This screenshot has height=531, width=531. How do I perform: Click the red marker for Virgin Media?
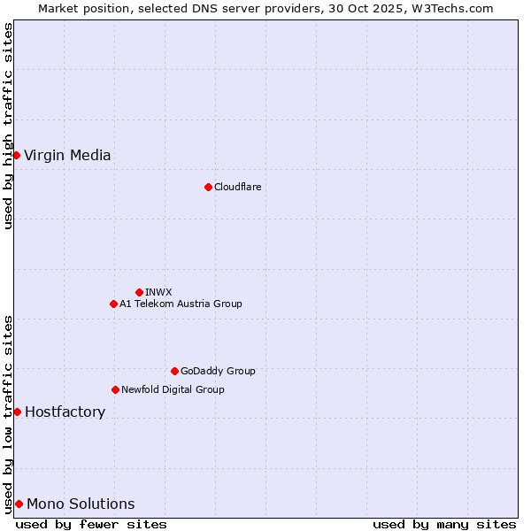tap(16, 155)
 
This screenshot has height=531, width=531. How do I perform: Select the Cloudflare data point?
tap(208, 187)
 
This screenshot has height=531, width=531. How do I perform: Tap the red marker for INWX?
tap(139, 292)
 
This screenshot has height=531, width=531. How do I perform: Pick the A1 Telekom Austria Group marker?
tap(113, 304)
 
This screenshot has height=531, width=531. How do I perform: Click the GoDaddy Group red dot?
tap(174, 371)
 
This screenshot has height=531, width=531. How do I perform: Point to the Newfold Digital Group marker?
tap(115, 389)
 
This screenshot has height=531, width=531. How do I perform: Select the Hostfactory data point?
tap(17, 412)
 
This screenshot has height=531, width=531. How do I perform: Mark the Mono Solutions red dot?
tap(19, 504)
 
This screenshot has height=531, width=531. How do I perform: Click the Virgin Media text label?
tap(67, 156)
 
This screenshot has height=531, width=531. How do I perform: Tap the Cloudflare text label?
tap(237, 187)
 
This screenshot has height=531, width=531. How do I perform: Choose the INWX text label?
tap(158, 292)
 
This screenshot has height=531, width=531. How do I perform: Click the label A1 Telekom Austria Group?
tap(181, 304)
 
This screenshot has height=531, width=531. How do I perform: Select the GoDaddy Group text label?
tap(218, 371)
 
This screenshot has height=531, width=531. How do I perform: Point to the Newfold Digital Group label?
tap(173, 389)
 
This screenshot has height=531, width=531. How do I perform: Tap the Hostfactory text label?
tap(65, 412)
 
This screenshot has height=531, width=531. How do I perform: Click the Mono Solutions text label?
tap(81, 504)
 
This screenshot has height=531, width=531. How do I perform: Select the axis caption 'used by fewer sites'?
tap(91, 524)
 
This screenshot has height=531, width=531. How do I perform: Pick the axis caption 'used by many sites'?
tap(444, 524)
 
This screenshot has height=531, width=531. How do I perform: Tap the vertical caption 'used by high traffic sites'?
tap(8, 126)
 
